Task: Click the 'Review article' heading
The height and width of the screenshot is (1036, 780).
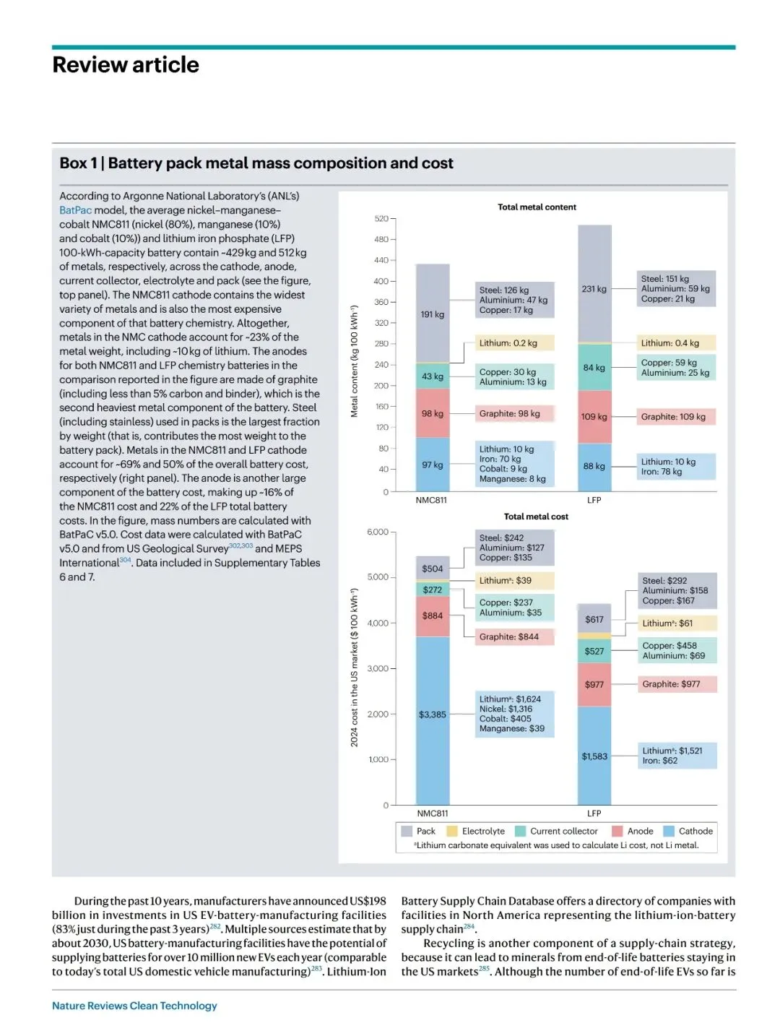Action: tap(126, 65)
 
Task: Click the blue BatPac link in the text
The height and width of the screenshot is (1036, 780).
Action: tap(75, 210)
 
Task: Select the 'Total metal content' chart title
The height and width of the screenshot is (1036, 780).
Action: tap(537, 207)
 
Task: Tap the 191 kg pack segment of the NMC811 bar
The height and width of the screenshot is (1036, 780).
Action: tap(433, 314)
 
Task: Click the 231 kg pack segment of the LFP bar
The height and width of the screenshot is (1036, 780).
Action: tap(594, 288)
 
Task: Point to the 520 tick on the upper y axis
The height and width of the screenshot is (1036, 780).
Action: tap(381, 218)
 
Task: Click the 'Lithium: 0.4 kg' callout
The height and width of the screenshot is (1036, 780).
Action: tap(676, 343)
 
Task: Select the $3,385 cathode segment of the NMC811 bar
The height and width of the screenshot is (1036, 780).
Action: tap(433, 715)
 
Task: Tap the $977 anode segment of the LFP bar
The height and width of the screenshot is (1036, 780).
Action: tap(594, 684)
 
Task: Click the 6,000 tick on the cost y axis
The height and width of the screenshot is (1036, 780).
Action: tap(378, 532)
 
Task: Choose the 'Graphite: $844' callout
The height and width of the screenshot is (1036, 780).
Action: tap(514, 636)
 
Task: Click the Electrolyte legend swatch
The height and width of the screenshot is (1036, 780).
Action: tap(453, 831)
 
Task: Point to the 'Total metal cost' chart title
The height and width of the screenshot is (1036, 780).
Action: tap(536, 517)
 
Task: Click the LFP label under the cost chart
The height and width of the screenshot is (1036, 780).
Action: tap(594, 813)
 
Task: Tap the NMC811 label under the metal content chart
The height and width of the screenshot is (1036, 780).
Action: tap(431, 500)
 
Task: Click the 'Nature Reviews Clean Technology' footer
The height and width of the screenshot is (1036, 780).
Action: tap(134, 1006)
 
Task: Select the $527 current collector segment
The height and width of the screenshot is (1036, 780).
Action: tap(594, 651)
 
